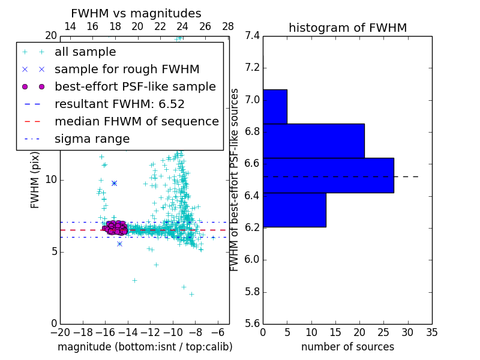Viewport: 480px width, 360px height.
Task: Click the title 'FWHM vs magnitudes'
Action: pyautogui.click(x=136, y=14)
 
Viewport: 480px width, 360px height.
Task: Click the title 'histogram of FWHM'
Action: pyautogui.click(x=347, y=28)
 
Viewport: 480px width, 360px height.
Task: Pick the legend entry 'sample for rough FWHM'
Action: pyautogui.click(x=127, y=69)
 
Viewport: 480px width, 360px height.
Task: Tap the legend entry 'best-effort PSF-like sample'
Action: pyautogui.click(x=135, y=86)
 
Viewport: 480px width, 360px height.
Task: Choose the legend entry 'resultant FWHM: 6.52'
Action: pyautogui.click(x=119, y=104)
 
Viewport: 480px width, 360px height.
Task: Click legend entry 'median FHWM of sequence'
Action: pyautogui.click(x=136, y=121)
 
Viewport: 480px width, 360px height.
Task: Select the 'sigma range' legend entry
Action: pyautogui.click(x=92, y=139)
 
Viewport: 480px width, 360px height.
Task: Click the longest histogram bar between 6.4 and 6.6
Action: pyautogui.click(x=328, y=175)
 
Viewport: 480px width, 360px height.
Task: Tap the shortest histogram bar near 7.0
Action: pyautogui.click(x=275, y=106)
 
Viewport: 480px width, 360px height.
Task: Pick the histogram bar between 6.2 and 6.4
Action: pyautogui.click(x=294, y=210)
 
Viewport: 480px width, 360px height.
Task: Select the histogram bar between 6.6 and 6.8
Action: pyautogui.click(x=313, y=141)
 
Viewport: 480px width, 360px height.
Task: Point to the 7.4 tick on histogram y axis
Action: pyautogui.click(x=252, y=35)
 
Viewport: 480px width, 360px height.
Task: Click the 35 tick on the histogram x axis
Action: pyautogui.click(x=432, y=332)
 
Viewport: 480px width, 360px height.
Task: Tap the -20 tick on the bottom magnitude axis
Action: pyautogui.click(x=60, y=332)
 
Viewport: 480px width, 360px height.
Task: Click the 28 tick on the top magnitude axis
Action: pyautogui.click(x=228, y=27)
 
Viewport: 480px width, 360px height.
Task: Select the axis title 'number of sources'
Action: pyautogui.click(x=347, y=347)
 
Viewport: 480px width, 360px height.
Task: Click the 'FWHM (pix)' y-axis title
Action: pyautogui.click(x=35, y=180)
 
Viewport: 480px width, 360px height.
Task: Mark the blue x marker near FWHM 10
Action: pyautogui.click(x=114, y=183)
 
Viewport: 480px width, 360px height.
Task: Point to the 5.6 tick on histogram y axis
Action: pyautogui.click(x=252, y=323)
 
